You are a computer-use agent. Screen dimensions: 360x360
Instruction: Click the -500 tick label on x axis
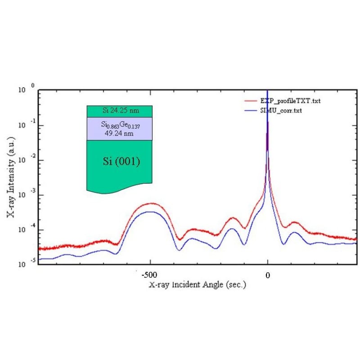coord(148,274)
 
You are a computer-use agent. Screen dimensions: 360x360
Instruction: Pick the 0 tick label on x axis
coord(267,274)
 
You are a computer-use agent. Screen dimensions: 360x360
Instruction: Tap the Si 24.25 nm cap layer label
coord(119,111)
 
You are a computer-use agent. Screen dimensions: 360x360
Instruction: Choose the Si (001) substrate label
coord(119,162)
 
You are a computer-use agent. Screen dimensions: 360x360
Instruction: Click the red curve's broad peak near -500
coord(150,203)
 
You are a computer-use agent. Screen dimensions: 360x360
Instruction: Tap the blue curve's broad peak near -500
coord(150,212)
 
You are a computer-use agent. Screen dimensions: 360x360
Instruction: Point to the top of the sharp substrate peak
coord(268,92)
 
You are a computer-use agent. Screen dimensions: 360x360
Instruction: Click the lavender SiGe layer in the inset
coord(97,129)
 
